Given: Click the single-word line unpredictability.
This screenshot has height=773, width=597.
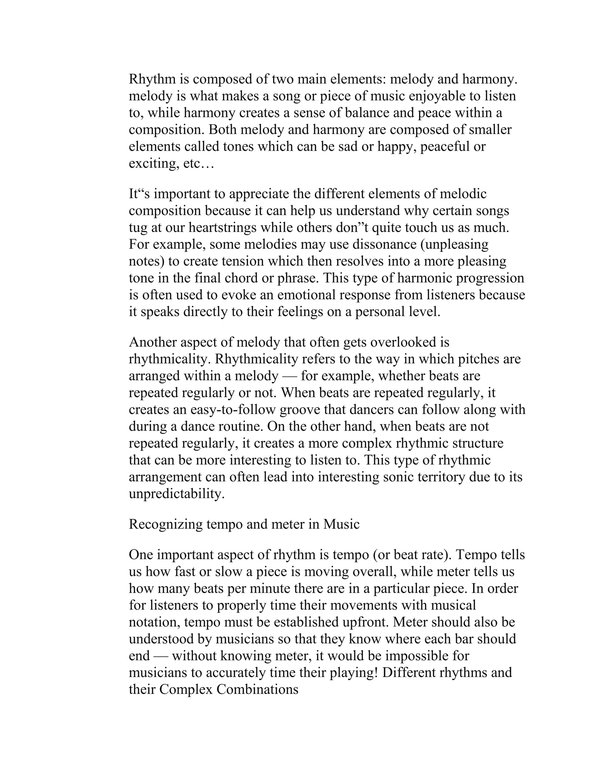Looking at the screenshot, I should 176,494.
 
